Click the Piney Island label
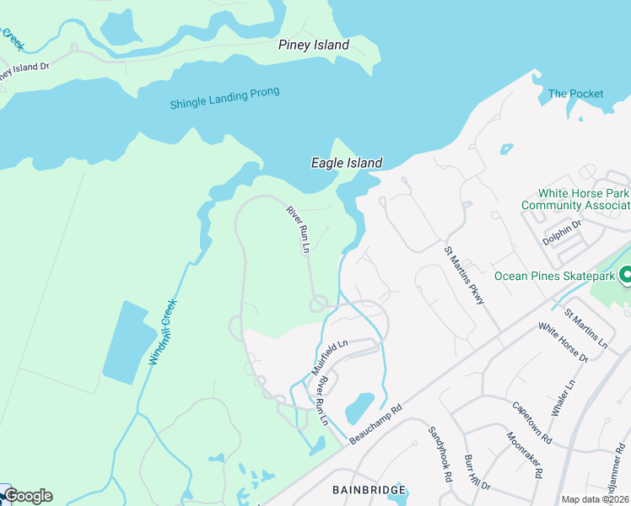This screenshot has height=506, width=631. pyautogui.click(x=313, y=45)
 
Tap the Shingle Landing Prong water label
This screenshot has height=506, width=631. pyautogui.click(x=224, y=98)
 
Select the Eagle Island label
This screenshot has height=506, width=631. pyautogui.click(x=347, y=163)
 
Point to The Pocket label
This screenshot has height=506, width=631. pyautogui.click(x=575, y=94)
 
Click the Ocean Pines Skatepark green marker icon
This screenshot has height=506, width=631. pyautogui.click(x=626, y=275)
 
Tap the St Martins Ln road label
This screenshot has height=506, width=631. pyautogui.click(x=585, y=329)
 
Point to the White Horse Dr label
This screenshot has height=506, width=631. pyautogui.click(x=563, y=343)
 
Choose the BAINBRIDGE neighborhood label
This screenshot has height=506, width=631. pyautogui.click(x=369, y=489)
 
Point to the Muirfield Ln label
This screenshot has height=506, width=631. pyautogui.click(x=329, y=358)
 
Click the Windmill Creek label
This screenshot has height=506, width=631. pyautogui.click(x=163, y=331)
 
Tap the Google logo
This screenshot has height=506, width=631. pyautogui.click(x=27, y=496)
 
